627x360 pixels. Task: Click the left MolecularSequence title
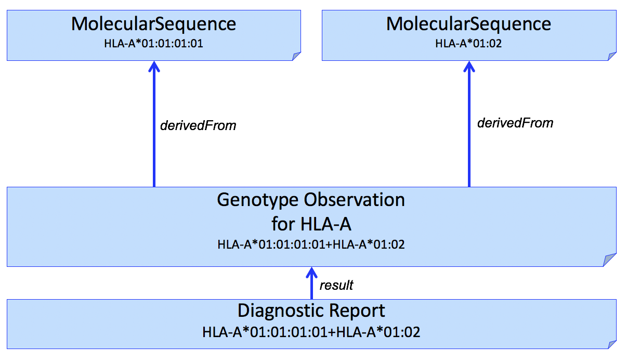pos(153,24)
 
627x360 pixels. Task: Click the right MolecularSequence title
pos(468,24)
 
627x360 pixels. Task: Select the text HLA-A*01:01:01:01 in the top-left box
pos(153,44)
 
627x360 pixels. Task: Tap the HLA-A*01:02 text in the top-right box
pos(468,44)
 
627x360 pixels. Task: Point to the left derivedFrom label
pos(198,125)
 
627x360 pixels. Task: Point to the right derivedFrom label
pos(515,123)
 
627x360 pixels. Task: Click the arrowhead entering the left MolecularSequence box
pos(154,67)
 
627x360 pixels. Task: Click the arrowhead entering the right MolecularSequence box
pos(469,67)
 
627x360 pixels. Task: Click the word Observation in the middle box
pos(355,200)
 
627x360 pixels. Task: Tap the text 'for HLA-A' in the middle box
pos(311,224)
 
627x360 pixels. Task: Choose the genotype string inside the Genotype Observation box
pos(311,244)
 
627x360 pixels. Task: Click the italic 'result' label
pos(336,285)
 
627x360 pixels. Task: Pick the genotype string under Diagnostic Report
pos(311,331)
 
